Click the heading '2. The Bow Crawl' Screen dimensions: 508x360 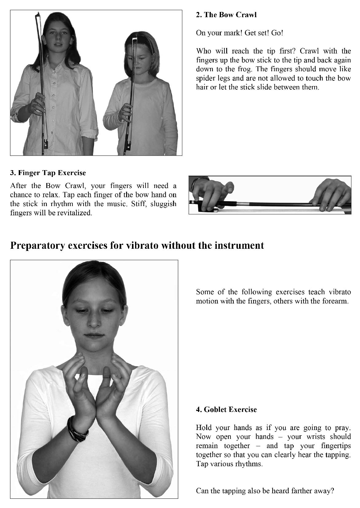(226, 15)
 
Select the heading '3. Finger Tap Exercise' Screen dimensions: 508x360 (48, 173)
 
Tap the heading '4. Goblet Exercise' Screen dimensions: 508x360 (226, 409)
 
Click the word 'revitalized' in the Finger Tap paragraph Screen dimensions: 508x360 (75, 213)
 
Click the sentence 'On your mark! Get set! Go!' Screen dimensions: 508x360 (239, 33)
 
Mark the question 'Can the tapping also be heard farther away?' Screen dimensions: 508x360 (265, 491)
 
